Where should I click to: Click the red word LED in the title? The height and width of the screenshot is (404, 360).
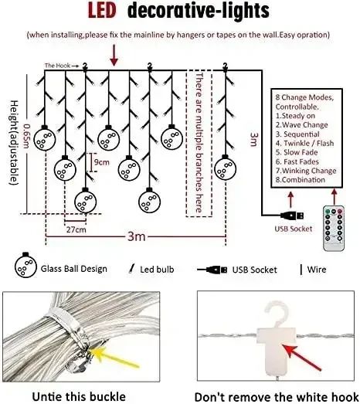[102, 11]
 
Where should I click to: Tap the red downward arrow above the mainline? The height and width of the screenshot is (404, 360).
[114, 55]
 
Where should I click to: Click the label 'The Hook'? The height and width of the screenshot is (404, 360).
[57, 66]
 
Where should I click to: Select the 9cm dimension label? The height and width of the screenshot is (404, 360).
[101, 162]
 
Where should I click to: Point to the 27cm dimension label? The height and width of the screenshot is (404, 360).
[76, 229]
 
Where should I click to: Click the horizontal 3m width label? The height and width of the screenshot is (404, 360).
[136, 236]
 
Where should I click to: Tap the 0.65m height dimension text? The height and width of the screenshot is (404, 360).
[26, 136]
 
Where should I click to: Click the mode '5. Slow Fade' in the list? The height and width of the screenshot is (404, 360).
[297, 152]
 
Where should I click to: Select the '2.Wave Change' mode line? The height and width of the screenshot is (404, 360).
[302, 125]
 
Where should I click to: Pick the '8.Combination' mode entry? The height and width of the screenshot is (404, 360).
[301, 179]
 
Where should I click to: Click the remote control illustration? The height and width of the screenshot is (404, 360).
[334, 228]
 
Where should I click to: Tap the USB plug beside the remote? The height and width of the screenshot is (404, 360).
[292, 216]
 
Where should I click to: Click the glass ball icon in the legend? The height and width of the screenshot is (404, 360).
[25, 266]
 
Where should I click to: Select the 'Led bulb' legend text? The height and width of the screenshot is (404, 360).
[157, 270]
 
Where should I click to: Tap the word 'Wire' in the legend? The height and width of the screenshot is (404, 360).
[317, 270]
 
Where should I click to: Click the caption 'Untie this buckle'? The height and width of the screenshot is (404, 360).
[79, 396]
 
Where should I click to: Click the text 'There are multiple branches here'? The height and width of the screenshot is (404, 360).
[199, 142]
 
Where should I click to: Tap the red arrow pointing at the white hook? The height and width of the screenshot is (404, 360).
[301, 357]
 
